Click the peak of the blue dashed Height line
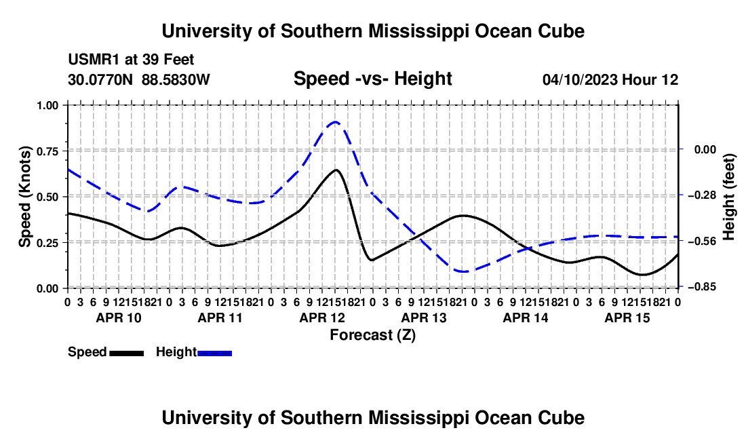(336, 122)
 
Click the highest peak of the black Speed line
(336, 170)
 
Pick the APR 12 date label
(322, 318)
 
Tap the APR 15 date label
(627, 318)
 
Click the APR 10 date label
(119, 318)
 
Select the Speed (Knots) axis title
(24, 197)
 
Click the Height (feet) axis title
(728, 197)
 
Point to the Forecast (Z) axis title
(372, 335)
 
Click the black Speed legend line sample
(127, 353)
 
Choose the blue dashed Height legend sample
(214, 353)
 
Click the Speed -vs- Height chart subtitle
(372, 79)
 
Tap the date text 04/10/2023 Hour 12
(610, 79)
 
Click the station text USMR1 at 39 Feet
(131, 60)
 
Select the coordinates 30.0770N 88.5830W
(138, 79)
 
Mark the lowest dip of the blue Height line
(463, 271)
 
